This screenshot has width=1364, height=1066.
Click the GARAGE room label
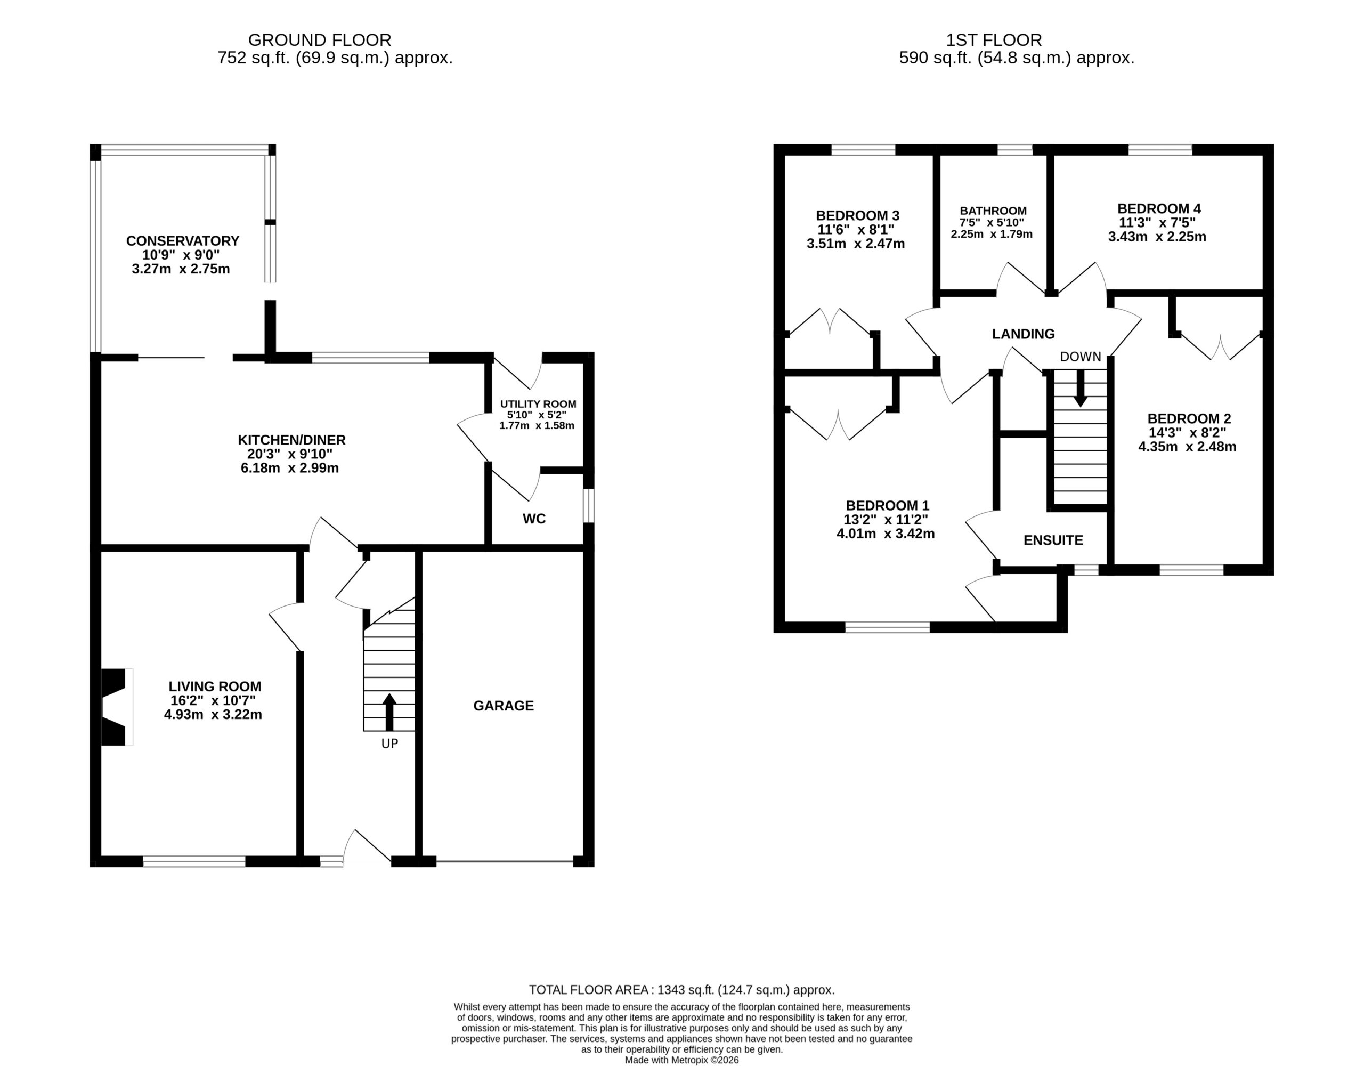504,706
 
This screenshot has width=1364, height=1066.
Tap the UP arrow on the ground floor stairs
389,712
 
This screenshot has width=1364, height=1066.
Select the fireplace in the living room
117,707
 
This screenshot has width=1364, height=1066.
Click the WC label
534,519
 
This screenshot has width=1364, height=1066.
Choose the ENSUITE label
1053,540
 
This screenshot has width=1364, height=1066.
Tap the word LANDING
1023,334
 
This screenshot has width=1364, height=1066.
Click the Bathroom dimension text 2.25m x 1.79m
992,235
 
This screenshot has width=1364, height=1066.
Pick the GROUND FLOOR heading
320,40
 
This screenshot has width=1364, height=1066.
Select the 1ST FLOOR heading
994,40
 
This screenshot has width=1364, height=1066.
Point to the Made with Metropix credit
682,1060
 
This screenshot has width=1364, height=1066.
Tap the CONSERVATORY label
182,240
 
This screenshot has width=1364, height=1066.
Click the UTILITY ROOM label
538,404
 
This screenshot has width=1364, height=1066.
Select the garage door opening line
505,862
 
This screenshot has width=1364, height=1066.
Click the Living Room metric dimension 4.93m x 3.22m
213,715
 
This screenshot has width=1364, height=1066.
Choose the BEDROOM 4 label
1159,209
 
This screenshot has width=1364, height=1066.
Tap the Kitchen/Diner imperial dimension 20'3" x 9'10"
290,454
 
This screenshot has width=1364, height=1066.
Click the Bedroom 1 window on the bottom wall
888,627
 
